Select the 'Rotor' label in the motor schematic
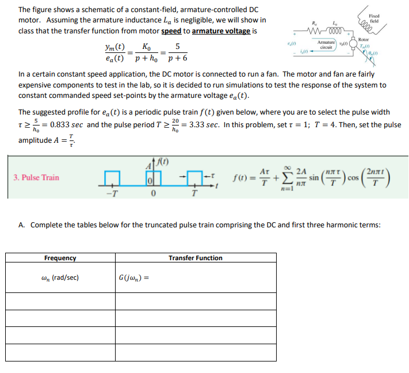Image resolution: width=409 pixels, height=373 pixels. [x=364, y=39]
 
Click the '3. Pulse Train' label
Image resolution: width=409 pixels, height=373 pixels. [x=36, y=177]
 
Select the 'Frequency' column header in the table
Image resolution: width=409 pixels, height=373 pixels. [x=60, y=258]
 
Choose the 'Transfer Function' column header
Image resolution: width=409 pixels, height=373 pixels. [x=196, y=258]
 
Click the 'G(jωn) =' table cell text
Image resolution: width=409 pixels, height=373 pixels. [x=134, y=278]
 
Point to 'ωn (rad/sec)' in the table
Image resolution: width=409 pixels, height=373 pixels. [x=61, y=277]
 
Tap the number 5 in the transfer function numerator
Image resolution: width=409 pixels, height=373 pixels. [x=178, y=46]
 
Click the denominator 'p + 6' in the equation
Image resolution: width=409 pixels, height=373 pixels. [x=177, y=58]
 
